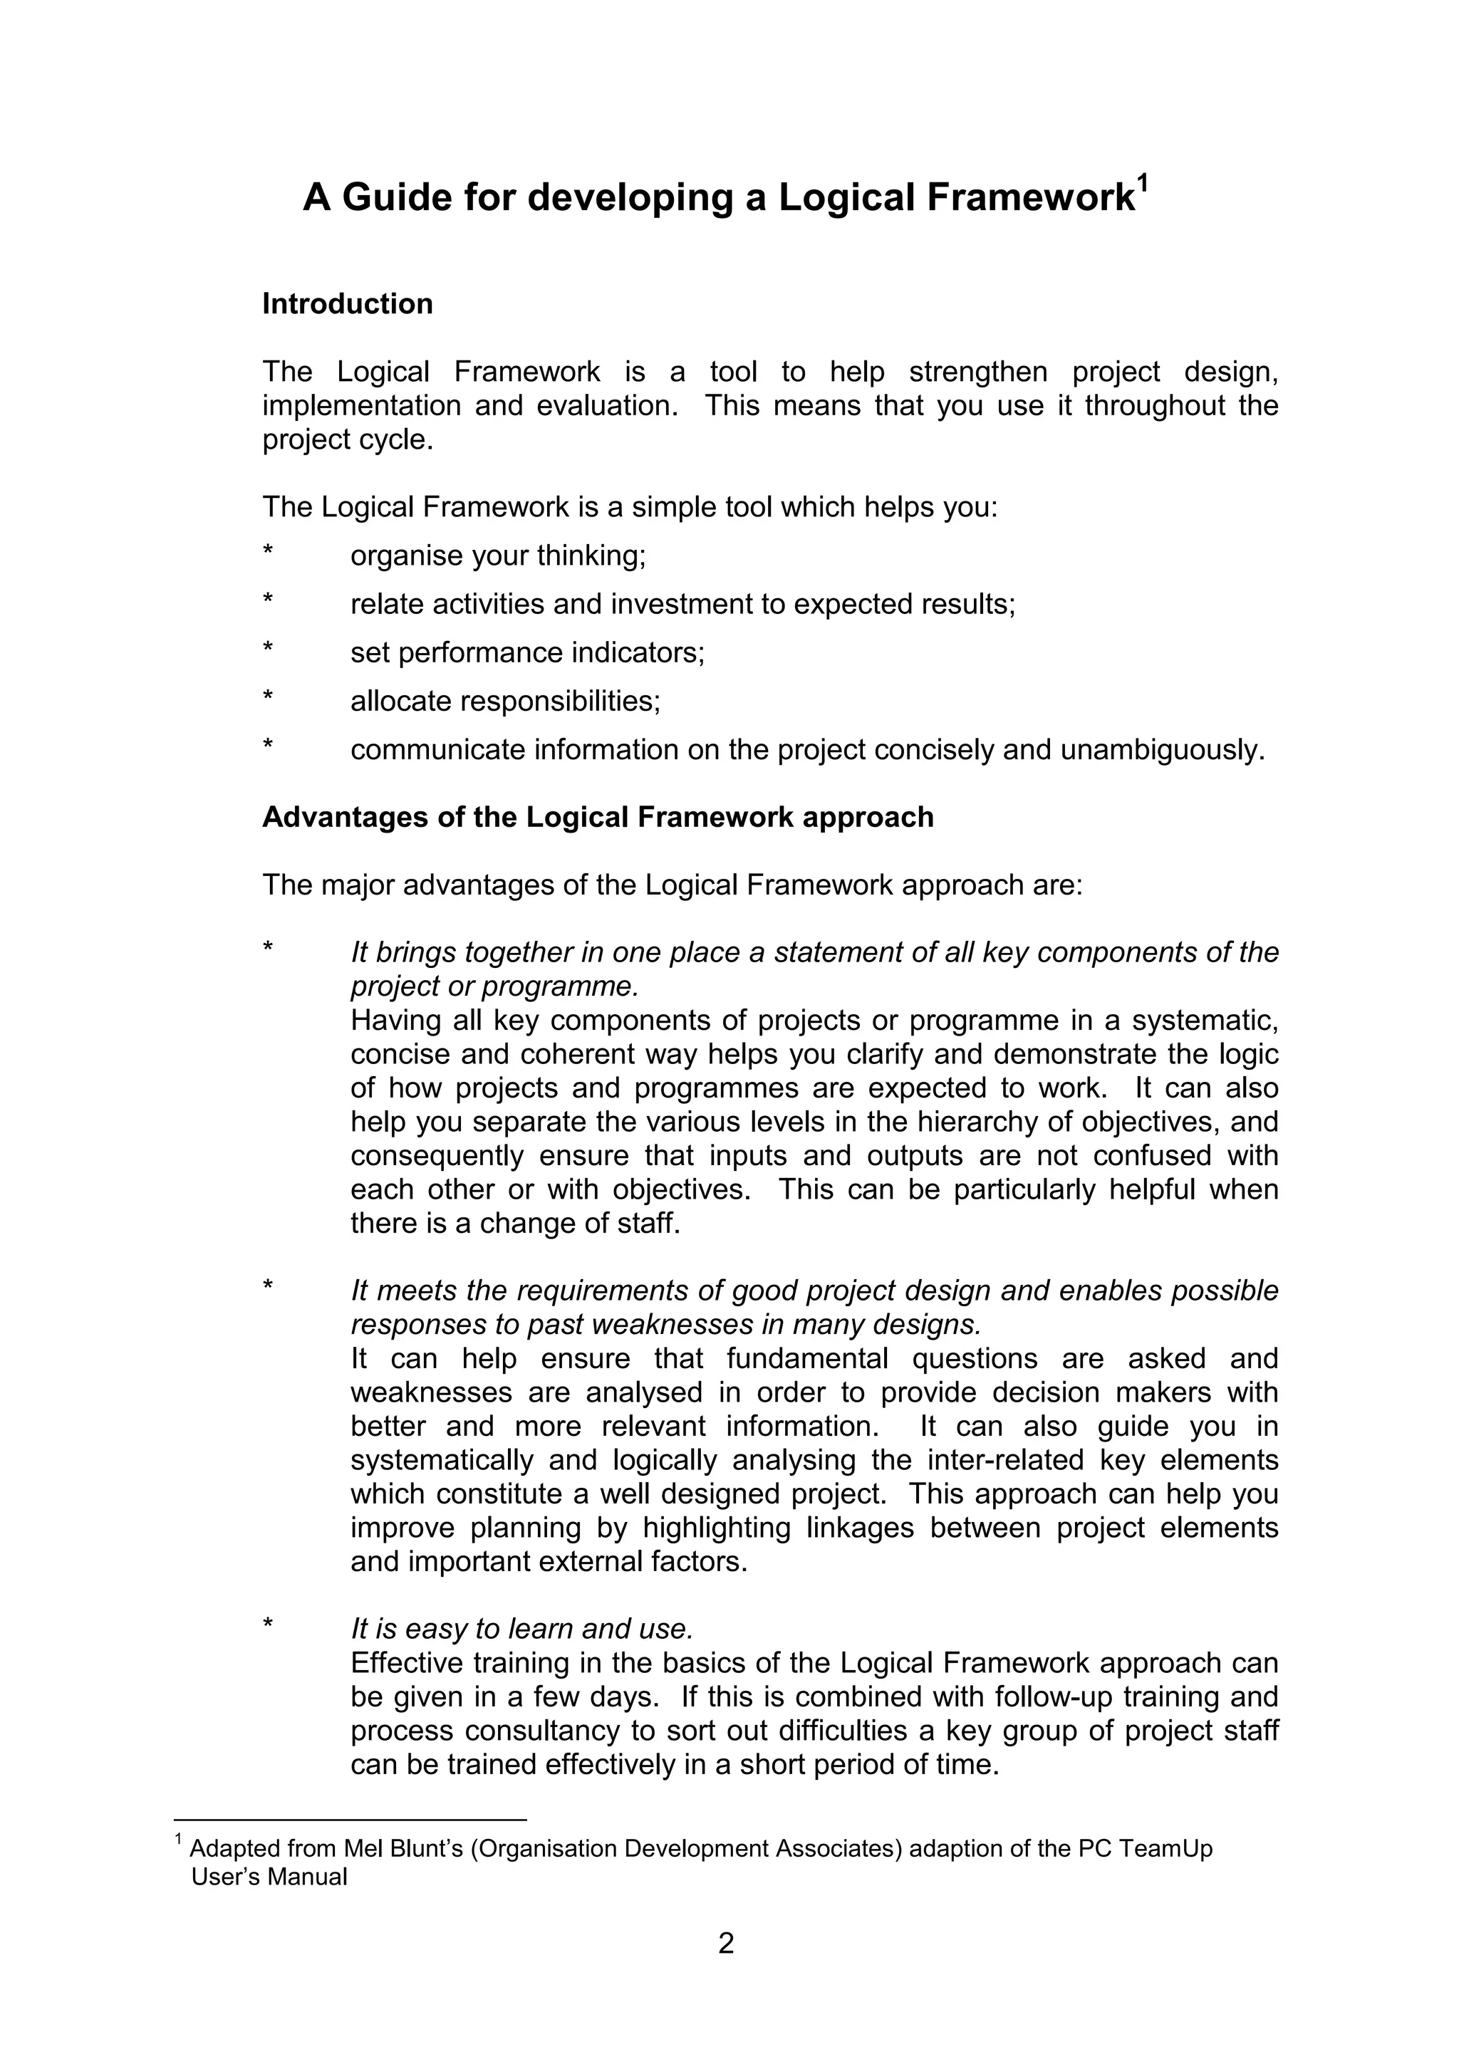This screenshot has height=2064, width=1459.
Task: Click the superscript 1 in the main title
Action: point(1143,184)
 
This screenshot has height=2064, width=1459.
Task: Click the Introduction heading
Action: point(347,304)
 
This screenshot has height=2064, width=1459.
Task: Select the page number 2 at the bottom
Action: point(727,1944)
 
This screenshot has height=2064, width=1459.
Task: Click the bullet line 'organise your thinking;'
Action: point(498,556)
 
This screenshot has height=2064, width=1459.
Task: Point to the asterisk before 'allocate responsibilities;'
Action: point(267,697)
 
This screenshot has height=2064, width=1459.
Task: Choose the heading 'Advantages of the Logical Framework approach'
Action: point(597,817)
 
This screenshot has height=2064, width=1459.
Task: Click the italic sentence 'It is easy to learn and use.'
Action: point(521,1629)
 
